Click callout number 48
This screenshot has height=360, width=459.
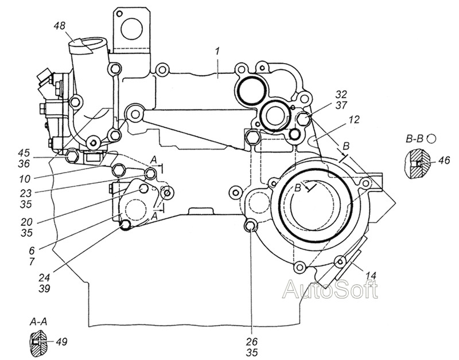click(x=60, y=26)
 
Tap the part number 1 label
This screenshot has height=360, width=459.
click(x=217, y=52)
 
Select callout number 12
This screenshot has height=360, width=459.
click(x=354, y=119)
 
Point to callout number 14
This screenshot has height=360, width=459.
click(x=370, y=275)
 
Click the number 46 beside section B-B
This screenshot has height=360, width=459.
click(x=444, y=160)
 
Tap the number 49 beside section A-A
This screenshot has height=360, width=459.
click(x=61, y=341)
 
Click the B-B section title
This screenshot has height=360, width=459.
click(x=414, y=138)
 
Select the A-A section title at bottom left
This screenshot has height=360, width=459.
click(x=38, y=322)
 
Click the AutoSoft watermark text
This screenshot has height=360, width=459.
click(x=330, y=289)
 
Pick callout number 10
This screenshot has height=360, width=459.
click(x=25, y=179)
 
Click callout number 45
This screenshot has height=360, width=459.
click(x=24, y=152)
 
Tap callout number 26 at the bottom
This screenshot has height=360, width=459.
click(x=252, y=341)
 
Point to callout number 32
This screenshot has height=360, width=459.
click(x=341, y=94)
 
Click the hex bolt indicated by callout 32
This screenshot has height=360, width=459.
click(x=304, y=119)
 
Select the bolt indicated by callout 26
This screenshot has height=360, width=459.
click(x=250, y=226)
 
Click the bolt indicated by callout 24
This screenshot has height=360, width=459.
click(x=126, y=225)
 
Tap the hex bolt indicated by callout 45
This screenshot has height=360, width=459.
click(x=71, y=156)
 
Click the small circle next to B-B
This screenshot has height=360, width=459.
click(x=431, y=138)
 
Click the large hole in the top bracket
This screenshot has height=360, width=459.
click(x=132, y=29)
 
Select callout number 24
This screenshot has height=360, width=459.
click(x=44, y=277)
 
